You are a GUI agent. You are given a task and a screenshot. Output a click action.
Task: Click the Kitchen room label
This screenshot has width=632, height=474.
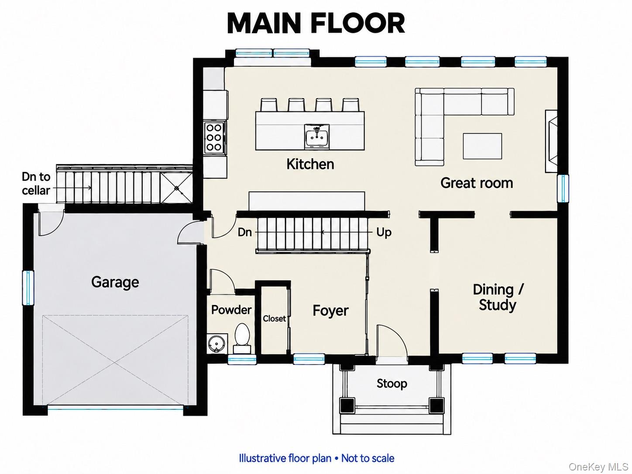[310, 164]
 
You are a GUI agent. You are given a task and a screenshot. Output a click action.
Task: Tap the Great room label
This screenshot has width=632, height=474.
[477, 183]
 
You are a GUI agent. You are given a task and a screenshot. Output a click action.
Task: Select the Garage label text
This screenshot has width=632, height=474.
[115, 282]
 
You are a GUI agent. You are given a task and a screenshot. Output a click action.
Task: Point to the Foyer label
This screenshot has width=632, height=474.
[330, 310]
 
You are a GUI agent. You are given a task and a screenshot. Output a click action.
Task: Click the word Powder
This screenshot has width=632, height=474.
[231, 310]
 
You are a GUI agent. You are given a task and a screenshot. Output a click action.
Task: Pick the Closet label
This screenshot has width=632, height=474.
[274, 319]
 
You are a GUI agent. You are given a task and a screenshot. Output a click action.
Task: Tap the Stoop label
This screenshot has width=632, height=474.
[392, 384]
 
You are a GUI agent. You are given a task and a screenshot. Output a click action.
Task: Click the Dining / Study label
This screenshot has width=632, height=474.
[498, 297]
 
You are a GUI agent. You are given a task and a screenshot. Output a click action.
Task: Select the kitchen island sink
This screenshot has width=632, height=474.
[317, 137]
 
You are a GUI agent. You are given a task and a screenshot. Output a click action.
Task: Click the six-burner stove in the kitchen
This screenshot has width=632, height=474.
[214, 137]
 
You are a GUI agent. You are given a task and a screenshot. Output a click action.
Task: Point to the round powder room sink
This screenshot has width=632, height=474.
[216, 343]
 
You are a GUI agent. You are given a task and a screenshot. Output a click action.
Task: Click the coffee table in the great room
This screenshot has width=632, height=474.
[482, 146]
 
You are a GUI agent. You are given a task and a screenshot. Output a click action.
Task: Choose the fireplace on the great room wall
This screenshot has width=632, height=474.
[551, 141]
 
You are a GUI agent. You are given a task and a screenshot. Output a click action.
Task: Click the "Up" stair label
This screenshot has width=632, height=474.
[384, 233]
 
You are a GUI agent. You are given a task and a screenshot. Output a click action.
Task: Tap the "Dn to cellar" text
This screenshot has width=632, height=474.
[36, 184]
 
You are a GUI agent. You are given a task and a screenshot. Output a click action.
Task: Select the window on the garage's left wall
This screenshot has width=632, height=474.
[28, 288]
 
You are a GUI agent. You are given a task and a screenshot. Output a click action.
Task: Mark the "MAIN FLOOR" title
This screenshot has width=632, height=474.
[316, 24]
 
